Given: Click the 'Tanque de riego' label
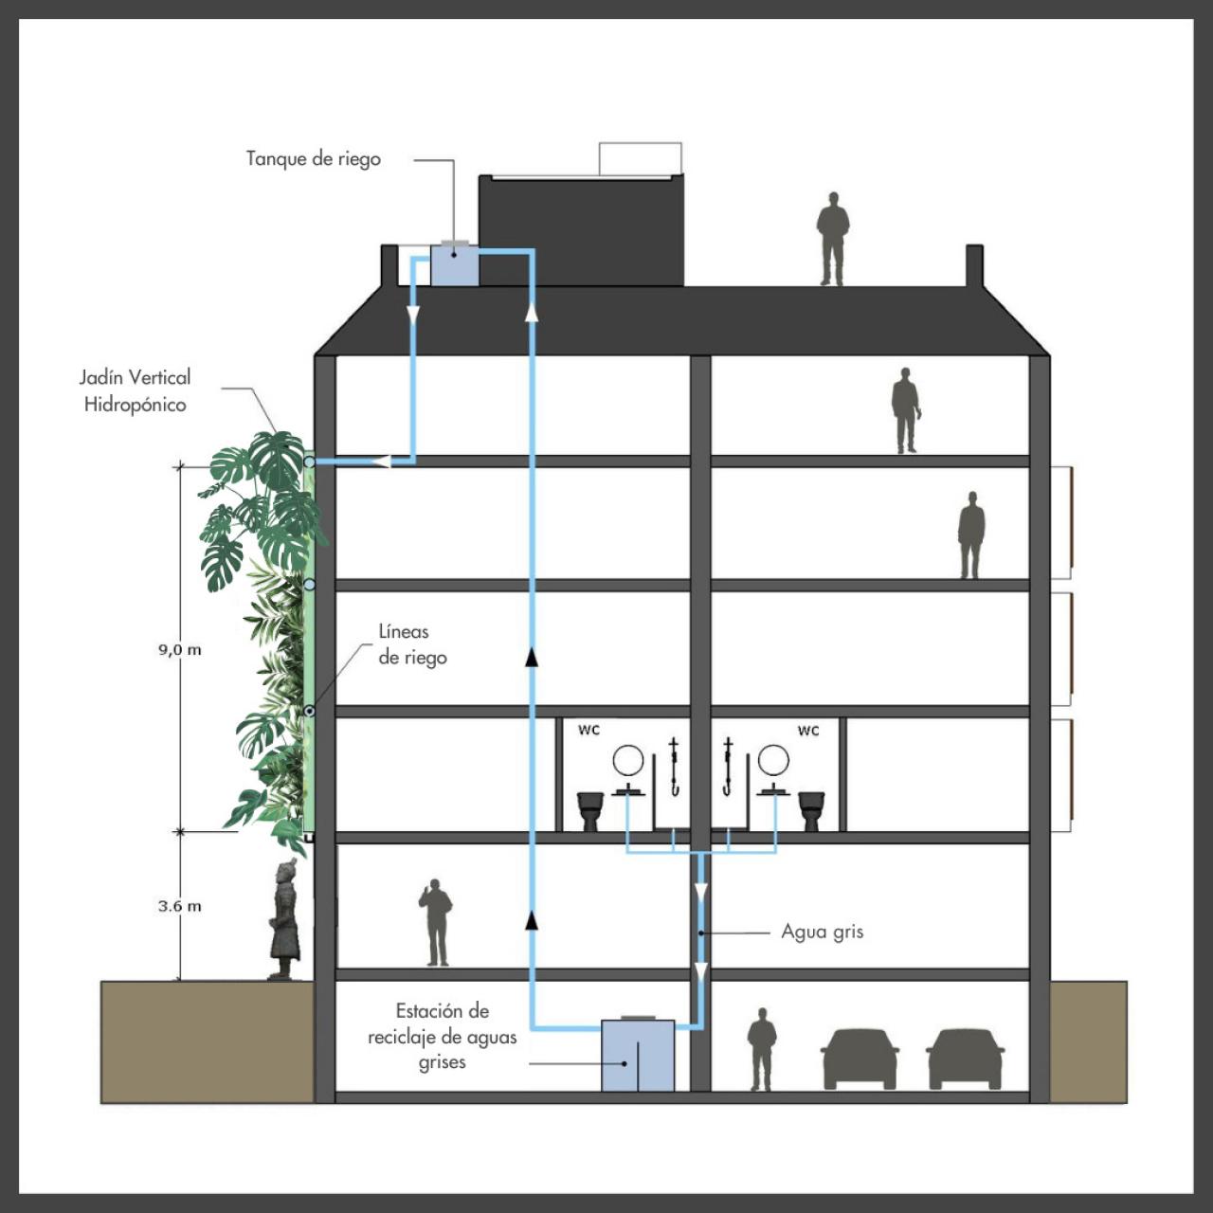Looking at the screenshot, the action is [314, 159].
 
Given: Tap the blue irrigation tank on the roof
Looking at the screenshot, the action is [455, 264].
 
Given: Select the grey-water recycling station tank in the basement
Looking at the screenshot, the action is [638, 1056].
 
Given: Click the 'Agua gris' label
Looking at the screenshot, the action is [823, 932].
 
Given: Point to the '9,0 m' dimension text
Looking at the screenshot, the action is [179, 650].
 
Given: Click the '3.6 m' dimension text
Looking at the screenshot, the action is [179, 907].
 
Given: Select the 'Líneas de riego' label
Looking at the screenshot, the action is [412, 644].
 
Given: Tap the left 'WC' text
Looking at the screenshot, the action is [588, 731].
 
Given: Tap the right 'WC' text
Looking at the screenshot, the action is [808, 731].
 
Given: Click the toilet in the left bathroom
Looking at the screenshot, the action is [589, 811].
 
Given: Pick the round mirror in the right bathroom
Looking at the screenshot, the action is [773, 760].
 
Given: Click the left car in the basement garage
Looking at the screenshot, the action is [860, 1059].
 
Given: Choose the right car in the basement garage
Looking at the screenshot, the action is [965, 1059].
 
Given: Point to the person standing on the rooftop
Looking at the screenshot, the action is [832, 239].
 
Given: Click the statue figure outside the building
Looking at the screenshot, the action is [284, 918].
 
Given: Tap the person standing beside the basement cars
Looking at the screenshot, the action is [762, 1049].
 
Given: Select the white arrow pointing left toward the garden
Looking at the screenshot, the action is [382, 462].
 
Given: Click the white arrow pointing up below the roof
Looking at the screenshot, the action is [532, 312].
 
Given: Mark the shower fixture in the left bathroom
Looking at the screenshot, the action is [674, 767].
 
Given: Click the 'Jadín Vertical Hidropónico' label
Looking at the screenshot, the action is [135, 390].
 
